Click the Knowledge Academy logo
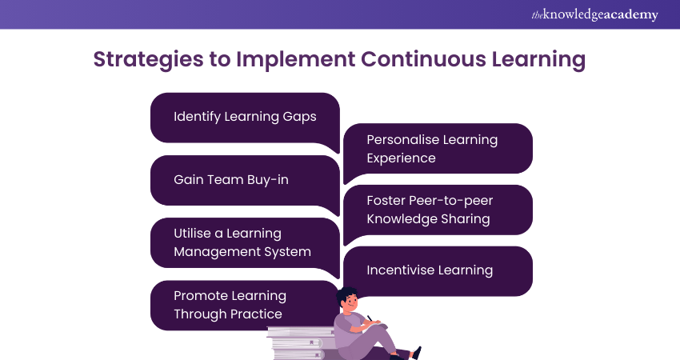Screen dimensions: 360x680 (594, 14)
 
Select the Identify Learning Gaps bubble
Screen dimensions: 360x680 (245, 117)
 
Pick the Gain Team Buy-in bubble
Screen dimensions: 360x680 (245, 180)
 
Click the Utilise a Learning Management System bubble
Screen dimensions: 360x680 (245, 242)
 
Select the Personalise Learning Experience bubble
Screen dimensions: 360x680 (438, 149)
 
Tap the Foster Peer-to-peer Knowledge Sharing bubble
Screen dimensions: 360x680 (438, 210)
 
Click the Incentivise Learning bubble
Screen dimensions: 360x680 (438, 270)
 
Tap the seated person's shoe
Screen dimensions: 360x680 (414, 352)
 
